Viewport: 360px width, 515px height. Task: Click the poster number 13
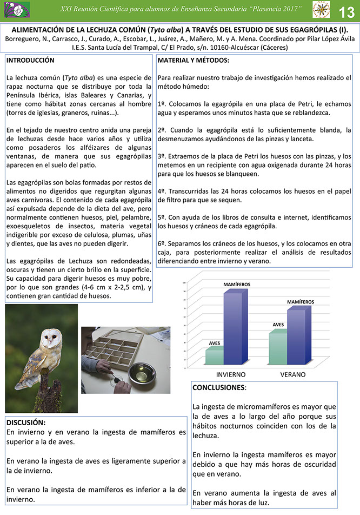point(346,11)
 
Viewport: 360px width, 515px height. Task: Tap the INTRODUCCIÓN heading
point(30,61)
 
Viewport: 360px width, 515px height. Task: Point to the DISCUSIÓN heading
point(26,422)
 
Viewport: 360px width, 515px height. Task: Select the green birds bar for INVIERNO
point(215,356)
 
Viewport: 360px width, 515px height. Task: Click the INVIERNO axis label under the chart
point(231,374)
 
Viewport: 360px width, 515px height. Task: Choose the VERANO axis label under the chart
point(292,374)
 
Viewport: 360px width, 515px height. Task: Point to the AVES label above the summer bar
point(278,325)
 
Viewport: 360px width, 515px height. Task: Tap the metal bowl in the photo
point(142,372)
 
